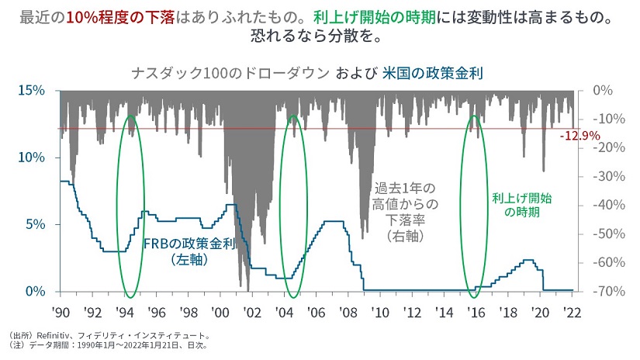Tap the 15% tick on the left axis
31,91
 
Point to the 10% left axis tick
31,157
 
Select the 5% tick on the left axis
34,225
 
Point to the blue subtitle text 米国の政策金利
433,74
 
